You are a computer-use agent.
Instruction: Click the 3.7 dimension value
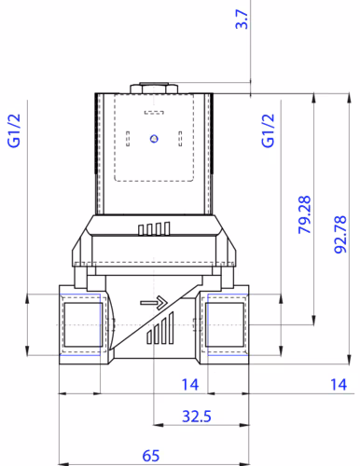coord(242,20)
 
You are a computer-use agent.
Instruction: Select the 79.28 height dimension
coord(304,214)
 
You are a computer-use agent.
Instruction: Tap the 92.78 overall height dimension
coord(340,235)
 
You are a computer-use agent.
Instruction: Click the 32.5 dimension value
coord(197,417)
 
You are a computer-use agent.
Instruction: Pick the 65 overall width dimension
coord(151,456)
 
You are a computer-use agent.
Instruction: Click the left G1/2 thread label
coord(14,130)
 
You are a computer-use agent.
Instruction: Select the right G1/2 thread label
coord(268,130)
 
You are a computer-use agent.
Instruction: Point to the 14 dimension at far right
coord(339,385)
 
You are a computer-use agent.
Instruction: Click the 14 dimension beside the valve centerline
coord(190,385)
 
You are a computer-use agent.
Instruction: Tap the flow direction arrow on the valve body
coord(154,303)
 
